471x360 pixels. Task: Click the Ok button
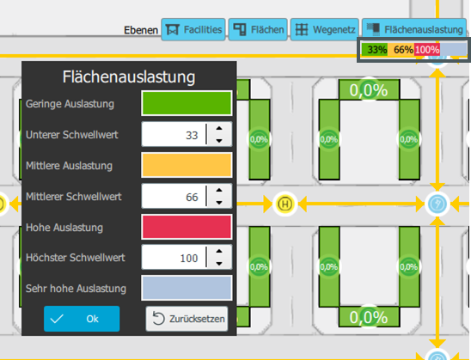(82, 319)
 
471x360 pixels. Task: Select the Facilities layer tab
(193, 29)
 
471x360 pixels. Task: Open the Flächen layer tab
(258, 29)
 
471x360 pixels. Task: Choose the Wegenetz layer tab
(325, 29)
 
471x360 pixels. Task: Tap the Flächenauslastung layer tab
(414, 29)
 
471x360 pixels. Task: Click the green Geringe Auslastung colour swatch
(187, 103)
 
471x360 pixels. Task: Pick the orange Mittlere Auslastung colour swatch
(187, 165)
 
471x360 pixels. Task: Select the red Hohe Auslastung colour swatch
(187, 227)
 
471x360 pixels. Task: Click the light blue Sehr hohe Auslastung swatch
(187, 288)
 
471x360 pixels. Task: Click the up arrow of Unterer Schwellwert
(219, 129)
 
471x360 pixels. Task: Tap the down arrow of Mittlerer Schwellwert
(219, 203)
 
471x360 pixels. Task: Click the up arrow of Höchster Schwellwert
(219, 251)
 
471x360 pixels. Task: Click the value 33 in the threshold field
(192, 136)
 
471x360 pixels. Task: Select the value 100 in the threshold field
(189, 259)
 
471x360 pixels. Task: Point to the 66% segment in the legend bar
(401, 49)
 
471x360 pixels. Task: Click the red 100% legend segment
(427, 49)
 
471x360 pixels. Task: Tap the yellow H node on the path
(285, 204)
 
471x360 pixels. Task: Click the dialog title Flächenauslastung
(129, 76)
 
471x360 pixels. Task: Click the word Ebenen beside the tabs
(141, 30)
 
